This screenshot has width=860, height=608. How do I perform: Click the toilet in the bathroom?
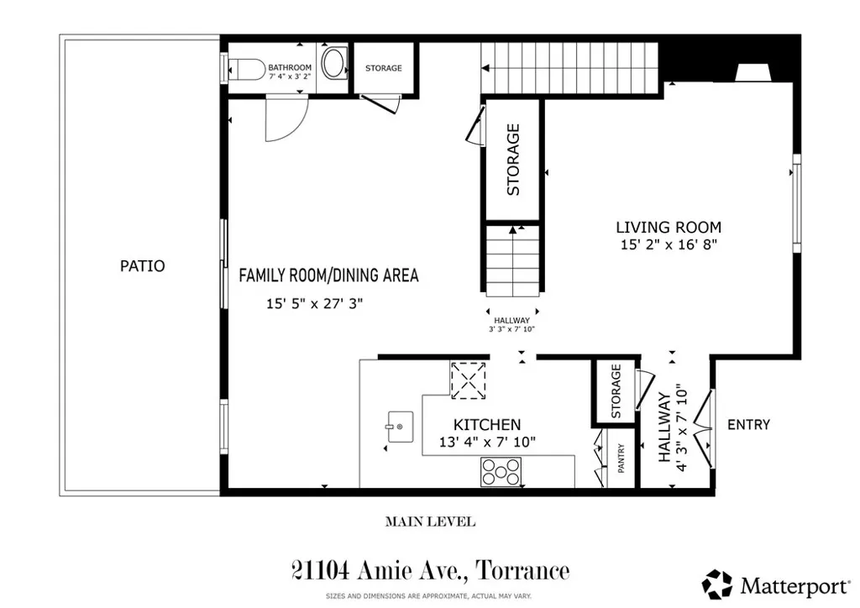(244, 66)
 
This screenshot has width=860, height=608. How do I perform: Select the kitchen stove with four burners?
(501, 472)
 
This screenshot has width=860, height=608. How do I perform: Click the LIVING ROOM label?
(669, 227)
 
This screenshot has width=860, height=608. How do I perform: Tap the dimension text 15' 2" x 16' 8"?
(669, 245)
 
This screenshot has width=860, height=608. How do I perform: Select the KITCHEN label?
(487, 425)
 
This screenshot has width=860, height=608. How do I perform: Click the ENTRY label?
(748, 425)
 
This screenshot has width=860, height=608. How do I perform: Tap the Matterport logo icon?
(716, 584)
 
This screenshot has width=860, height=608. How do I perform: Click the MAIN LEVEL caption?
(430, 522)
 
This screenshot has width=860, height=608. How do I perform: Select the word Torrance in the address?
(522, 572)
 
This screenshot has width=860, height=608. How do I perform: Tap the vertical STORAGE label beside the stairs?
(513, 160)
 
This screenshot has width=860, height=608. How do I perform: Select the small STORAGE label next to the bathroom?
(383, 68)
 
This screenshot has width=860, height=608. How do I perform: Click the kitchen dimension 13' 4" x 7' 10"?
(487, 443)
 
